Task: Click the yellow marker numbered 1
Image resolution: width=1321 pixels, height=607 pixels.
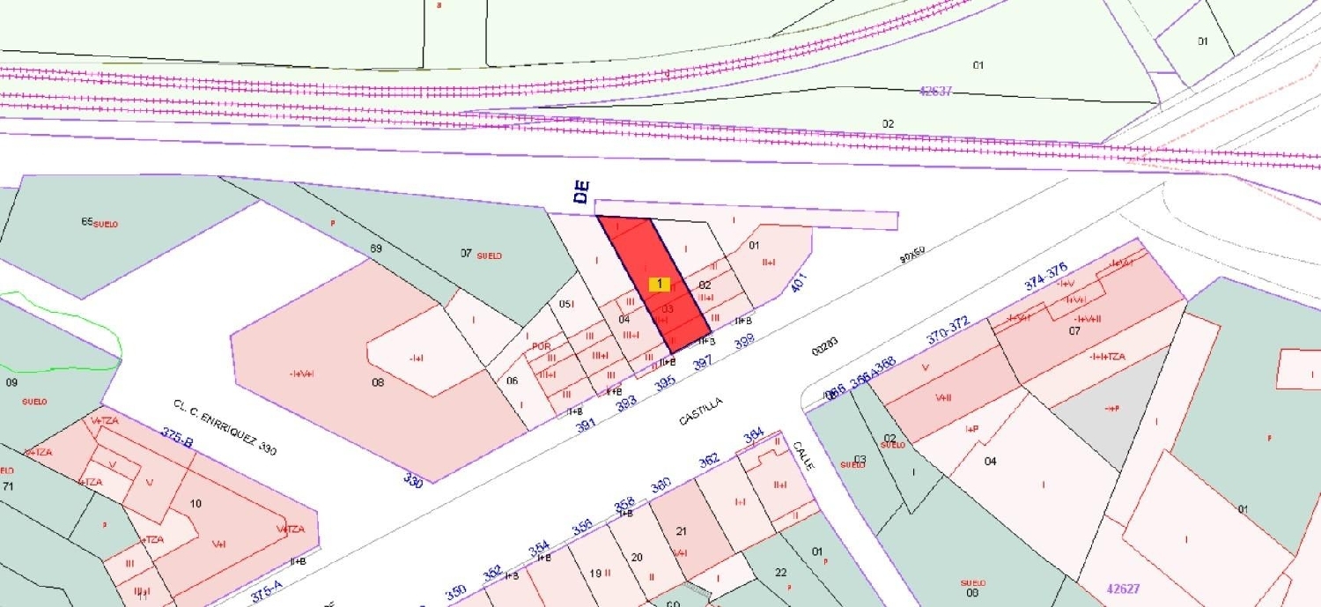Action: (659, 284)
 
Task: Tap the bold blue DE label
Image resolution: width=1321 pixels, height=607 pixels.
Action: (582, 193)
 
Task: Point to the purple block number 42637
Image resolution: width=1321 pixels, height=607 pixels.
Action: (935, 91)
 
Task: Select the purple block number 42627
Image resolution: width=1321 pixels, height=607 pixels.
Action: (1123, 588)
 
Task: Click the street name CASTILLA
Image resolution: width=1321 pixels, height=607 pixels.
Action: (701, 411)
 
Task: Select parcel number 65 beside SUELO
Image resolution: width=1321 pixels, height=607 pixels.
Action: (87, 222)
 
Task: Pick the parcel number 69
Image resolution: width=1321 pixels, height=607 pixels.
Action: (375, 249)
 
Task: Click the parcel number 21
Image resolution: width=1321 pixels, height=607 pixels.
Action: (681, 530)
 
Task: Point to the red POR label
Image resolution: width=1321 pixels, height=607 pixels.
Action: (541, 346)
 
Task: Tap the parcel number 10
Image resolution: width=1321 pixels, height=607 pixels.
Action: (196, 504)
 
